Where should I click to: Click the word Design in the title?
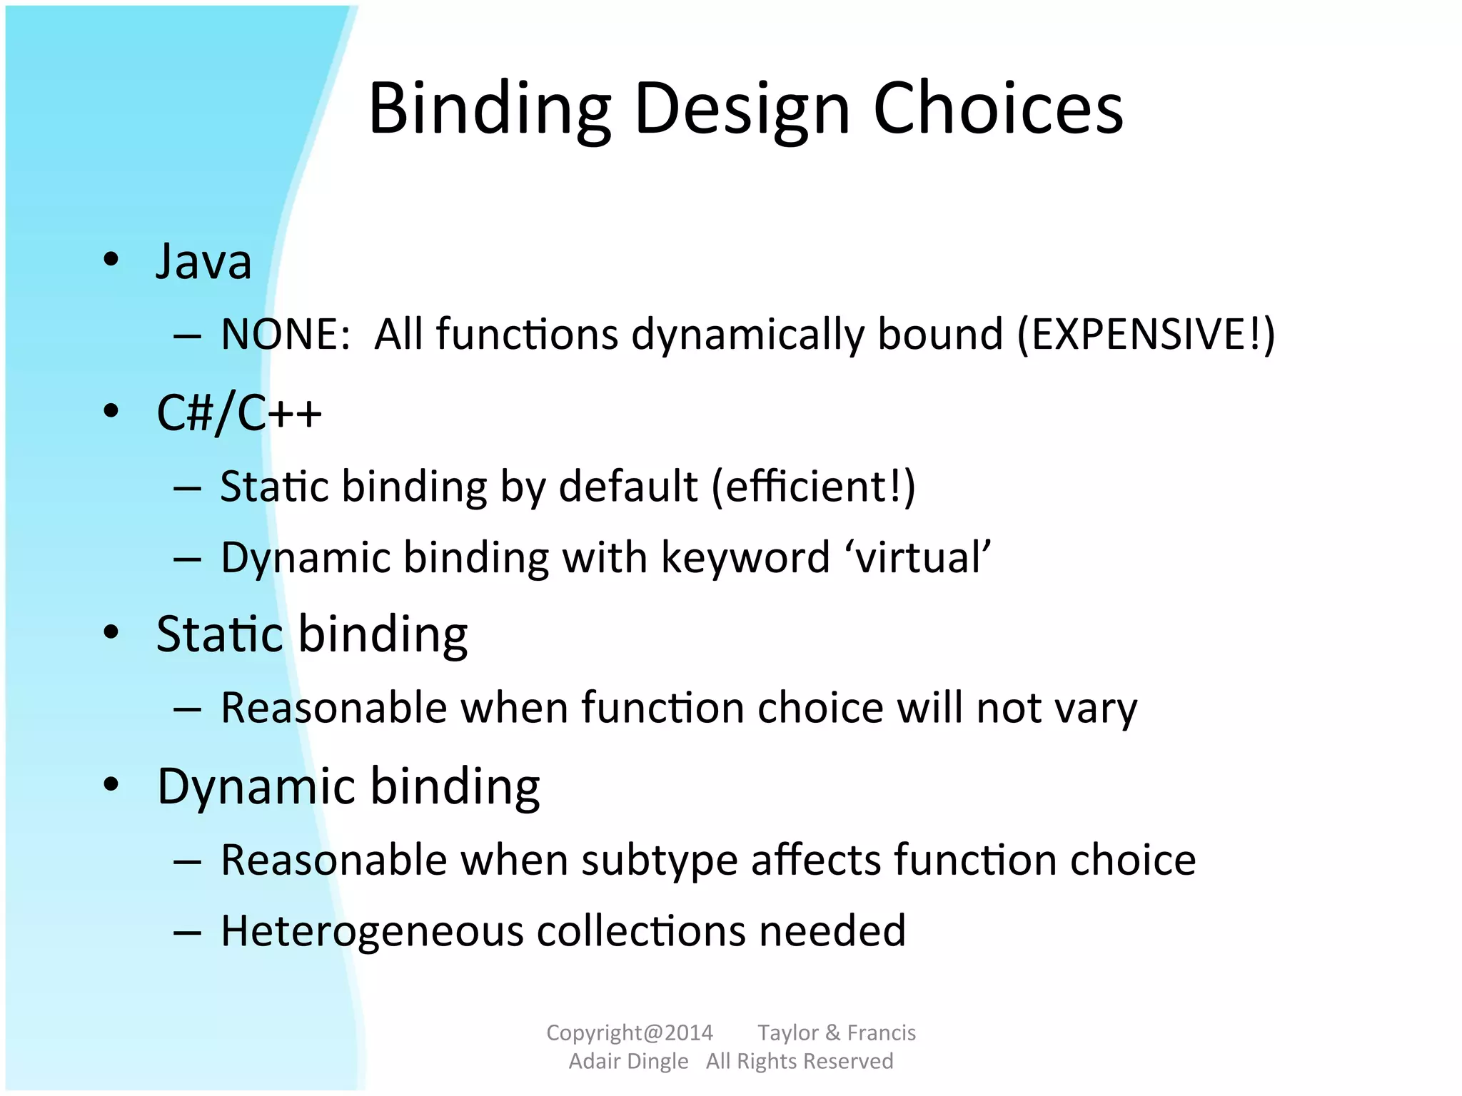pos(742,108)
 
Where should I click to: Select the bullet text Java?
pos(204,261)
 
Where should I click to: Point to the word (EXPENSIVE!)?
pos(1145,334)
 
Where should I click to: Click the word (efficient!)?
pos(813,487)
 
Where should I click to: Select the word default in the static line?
pos(627,487)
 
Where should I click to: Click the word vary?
pos(1095,708)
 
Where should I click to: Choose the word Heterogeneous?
pos(372,931)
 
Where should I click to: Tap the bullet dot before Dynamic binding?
pos(111,784)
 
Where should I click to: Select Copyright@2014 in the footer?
pos(630,1032)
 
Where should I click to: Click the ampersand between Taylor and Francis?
pos(832,1032)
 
